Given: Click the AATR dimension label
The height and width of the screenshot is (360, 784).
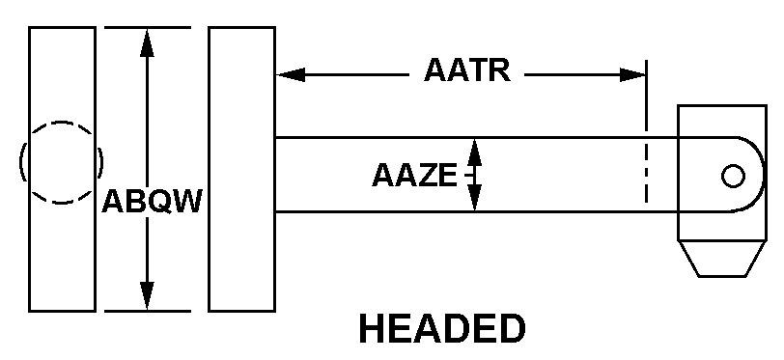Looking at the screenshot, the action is [x=467, y=70].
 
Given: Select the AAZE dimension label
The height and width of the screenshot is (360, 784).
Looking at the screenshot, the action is [x=414, y=176].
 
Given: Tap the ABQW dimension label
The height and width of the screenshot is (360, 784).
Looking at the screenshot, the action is [x=152, y=202].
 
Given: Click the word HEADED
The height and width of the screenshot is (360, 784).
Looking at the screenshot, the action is [x=442, y=329].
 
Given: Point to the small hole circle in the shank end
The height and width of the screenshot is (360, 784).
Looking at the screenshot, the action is [x=733, y=176].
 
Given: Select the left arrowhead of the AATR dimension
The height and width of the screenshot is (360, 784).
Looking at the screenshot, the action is [x=291, y=75].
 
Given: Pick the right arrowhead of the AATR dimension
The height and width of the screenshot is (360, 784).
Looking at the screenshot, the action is [x=632, y=75].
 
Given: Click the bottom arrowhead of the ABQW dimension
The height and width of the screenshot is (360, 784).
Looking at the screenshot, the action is [x=147, y=296].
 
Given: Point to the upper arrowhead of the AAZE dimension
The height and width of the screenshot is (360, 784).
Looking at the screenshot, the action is [x=474, y=152].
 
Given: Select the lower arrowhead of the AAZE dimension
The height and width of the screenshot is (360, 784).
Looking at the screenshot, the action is [x=474, y=198].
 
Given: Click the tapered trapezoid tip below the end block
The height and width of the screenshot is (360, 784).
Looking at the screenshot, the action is [x=722, y=258].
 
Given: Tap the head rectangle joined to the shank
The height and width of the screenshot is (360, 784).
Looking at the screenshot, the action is [x=242, y=169].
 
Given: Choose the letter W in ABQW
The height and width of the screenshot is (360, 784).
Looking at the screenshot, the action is [x=187, y=202].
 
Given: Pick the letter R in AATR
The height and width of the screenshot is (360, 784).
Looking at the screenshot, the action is [x=500, y=70].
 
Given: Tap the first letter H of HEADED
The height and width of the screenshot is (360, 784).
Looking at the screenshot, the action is [x=372, y=329].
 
